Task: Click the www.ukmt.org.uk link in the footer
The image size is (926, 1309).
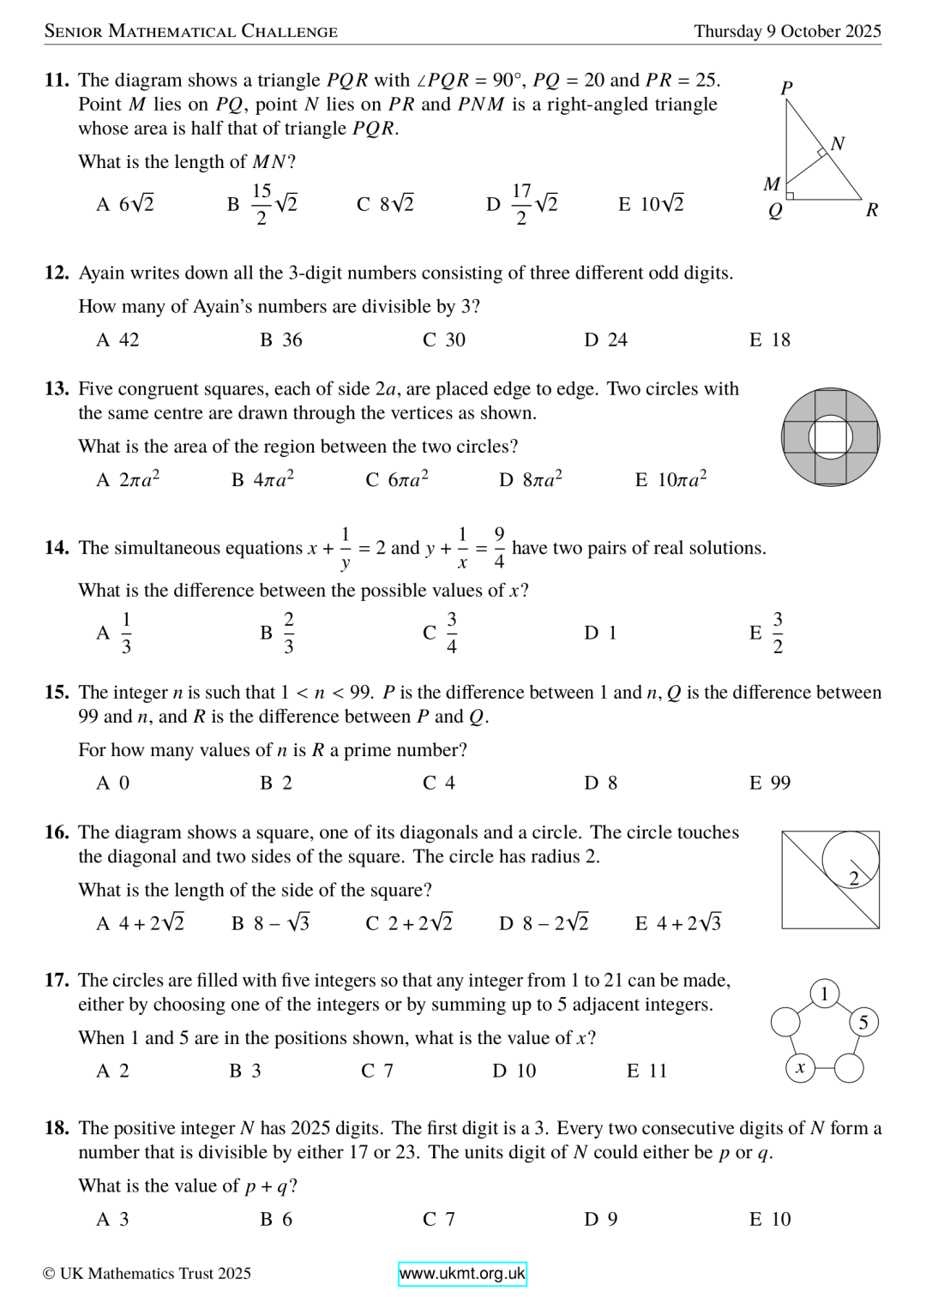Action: pos(462,1274)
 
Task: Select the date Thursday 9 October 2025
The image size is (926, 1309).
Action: pos(787,32)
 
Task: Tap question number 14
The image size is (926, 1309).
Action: pos(57,548)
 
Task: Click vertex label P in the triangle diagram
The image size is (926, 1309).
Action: pos(787,87)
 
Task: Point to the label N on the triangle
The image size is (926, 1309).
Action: pos(838,143)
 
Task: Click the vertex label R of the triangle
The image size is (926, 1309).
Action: pos(872,210)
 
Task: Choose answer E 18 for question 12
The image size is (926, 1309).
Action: pos(770,340)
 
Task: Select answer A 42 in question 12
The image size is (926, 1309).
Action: pos(117,340)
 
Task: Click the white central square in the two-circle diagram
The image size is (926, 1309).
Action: pos(830,437)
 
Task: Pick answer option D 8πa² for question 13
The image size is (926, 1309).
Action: pos(531,479)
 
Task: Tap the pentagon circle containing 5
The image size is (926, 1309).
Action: pos(863,1022)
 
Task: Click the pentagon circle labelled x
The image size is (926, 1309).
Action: pos(800,1068)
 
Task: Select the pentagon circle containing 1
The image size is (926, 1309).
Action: pos(824,994)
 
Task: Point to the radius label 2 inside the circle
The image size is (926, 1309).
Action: pos(854,878)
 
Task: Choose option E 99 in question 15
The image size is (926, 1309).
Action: pos(770,783)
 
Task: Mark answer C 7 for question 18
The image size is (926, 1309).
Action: pos(438,1219)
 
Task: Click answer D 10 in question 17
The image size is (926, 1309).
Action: pos(514,1071)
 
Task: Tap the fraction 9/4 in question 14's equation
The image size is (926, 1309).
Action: pos(499,548)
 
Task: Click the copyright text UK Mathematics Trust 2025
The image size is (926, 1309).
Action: pos(147,1274)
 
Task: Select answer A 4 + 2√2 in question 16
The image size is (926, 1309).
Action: pos(141,923)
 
